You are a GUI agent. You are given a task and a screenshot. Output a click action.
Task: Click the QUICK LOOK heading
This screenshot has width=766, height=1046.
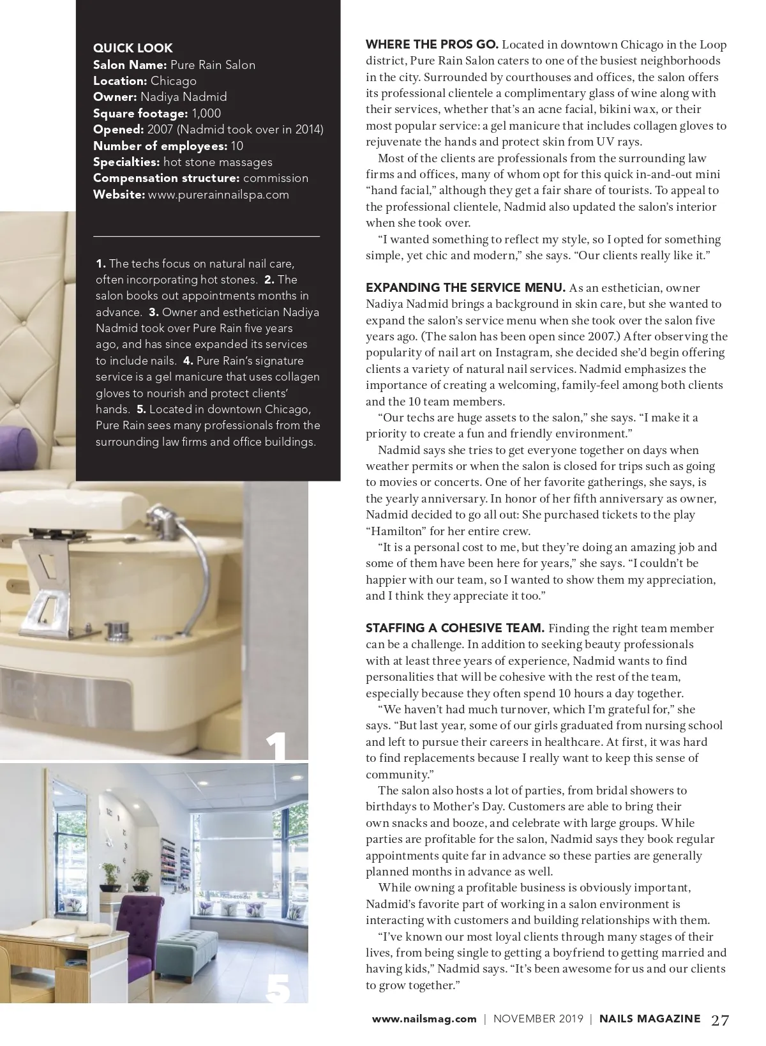[133, 48]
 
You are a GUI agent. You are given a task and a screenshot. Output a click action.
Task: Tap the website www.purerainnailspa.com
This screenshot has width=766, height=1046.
[218, 195]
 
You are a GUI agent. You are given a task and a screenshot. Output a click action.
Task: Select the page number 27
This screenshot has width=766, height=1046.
[719, 1020]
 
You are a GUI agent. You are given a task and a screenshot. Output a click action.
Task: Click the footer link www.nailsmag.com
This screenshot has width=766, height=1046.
[424, 1019]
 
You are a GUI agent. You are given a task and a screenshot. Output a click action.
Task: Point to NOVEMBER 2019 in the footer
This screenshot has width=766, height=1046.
[538, 1019]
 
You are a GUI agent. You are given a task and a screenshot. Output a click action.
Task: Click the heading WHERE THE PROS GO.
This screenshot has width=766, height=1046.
[432, 45]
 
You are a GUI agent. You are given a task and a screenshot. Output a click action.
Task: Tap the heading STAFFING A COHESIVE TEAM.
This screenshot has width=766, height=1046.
[454, 628]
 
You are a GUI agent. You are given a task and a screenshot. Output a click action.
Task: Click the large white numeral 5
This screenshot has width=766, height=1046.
[278, 988]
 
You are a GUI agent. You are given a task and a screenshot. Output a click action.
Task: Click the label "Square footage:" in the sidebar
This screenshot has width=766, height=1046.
[140, 114]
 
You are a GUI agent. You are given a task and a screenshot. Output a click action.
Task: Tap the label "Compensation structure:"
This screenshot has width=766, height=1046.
[166, 178]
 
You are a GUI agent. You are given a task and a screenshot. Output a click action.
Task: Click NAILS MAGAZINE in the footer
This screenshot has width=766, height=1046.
[649, 1019]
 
